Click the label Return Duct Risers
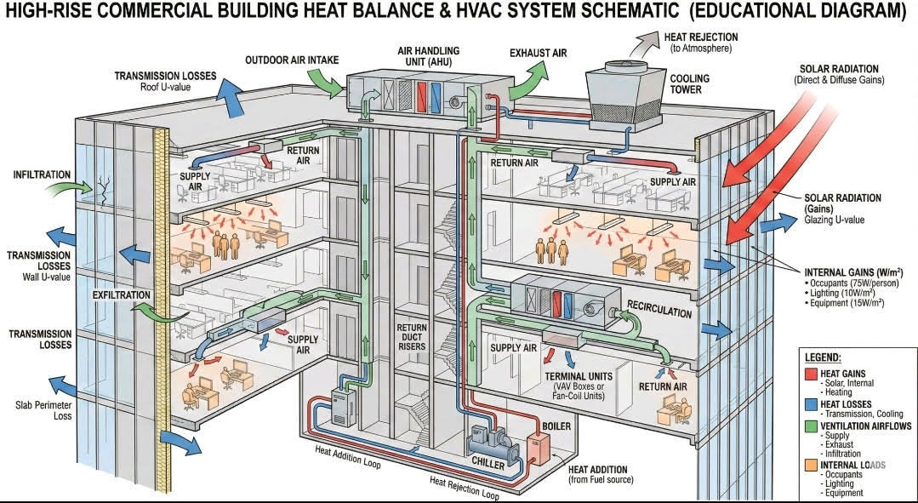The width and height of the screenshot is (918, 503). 412,337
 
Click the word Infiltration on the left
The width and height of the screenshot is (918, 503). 42,174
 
